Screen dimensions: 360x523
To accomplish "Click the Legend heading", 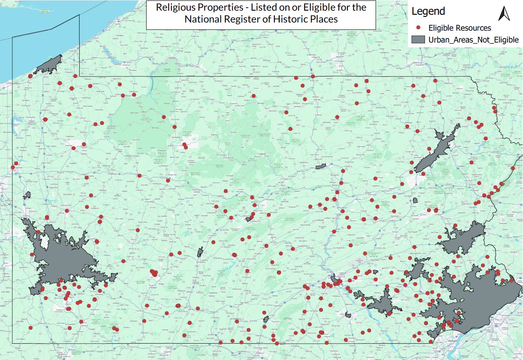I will pyautogui.click(x=428, y=11).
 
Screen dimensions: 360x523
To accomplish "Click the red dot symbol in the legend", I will pyautogui.click(x=418, y=28).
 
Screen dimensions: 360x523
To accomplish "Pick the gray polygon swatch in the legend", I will pyautogui.click(x=418, y=40).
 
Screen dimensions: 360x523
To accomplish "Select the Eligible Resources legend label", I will pyautogui.click(x=459, y=28).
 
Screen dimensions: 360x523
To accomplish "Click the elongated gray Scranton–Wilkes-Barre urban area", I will pyautogui.click(x=437, y=149).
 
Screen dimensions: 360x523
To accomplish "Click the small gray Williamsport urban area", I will pyautogui.click(x=321, y=166).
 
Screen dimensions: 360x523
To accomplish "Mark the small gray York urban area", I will pyautogui.click(x=348, y=315).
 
